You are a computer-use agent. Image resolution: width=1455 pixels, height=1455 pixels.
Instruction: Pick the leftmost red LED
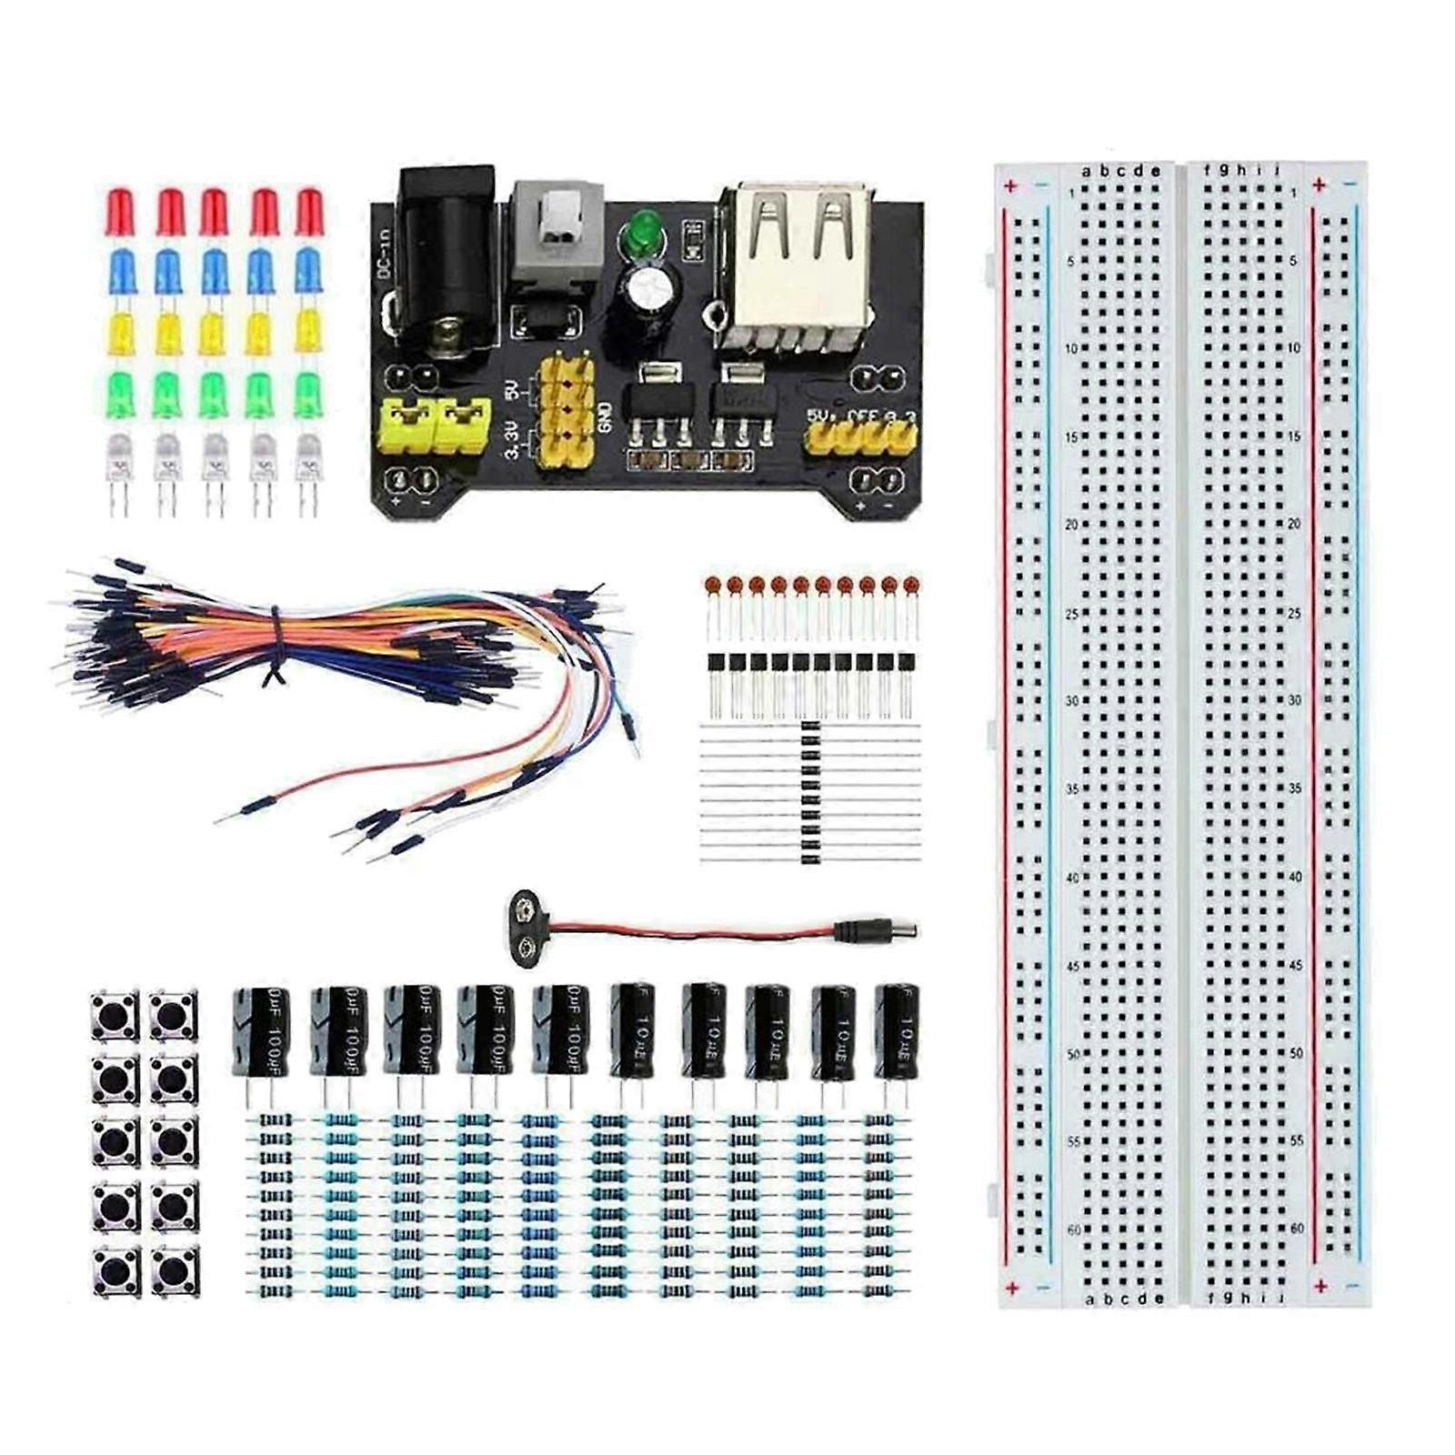(x=120, y=212)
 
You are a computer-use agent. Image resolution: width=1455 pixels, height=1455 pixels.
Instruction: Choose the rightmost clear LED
(x=307, y=459)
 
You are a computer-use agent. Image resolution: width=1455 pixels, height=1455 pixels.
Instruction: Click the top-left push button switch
(x=114, y=1016)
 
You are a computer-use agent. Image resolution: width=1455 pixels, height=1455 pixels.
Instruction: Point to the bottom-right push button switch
(x=174, y=1269)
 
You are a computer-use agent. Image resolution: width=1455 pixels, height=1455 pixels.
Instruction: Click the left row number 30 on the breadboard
(x=1072, y=701)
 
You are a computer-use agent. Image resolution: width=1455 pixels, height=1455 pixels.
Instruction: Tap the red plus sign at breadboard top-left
(x=1010, y=186)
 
